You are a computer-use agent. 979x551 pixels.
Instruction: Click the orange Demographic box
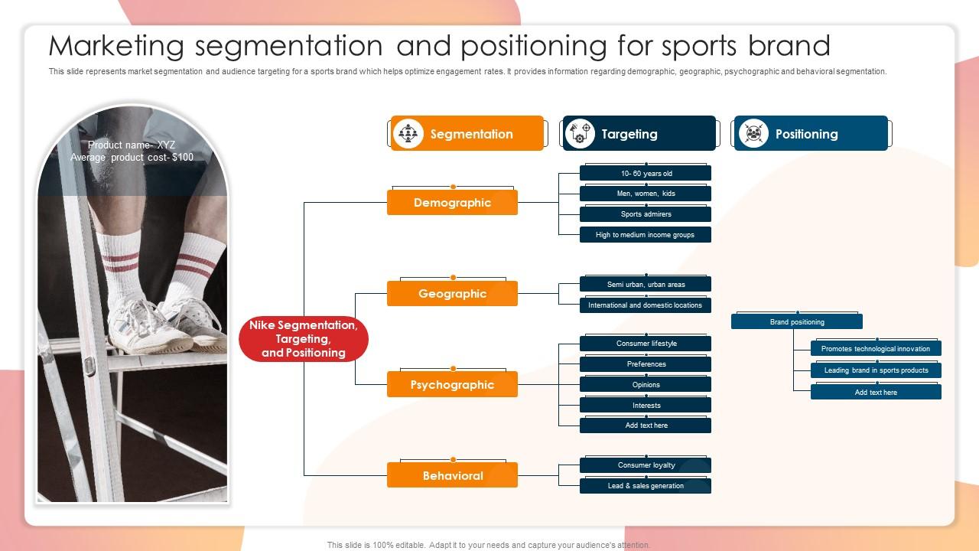[x=452, y=203]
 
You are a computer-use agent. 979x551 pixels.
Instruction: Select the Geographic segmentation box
[x=452, y=294]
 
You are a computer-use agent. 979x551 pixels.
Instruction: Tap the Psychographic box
[x=452, y=385]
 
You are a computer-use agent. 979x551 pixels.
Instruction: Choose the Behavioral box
[x=452, y=476]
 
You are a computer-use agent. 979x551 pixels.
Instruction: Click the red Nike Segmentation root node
[x=304, y=339]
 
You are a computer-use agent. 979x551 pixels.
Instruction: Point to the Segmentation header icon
[x=408, y=134]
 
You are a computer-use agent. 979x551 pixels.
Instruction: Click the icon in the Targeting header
[x=580, y=134]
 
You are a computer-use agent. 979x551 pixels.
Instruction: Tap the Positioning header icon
[x=753, y=134]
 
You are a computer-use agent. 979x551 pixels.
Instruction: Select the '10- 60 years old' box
[x=646, y=174]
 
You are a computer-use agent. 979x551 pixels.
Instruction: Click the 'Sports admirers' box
[x=646, y=214]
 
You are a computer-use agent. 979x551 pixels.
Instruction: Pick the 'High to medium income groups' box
[x=646, y=235]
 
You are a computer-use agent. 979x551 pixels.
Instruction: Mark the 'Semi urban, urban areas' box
[x=646, y=285]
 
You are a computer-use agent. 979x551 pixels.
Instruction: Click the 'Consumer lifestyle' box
[x=646, y=344]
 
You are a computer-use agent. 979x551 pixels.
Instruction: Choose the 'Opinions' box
[x=646, y=385]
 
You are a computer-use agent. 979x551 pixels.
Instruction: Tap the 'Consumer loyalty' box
[x=646, y=465]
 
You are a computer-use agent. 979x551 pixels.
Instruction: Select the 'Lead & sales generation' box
[x=646, y=486]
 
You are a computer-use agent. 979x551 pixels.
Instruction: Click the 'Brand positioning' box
[x=797, y=322]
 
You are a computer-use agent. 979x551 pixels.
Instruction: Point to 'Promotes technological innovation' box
[x=876, y=349]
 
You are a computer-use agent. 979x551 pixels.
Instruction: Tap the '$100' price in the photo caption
[x=182, y=158]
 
